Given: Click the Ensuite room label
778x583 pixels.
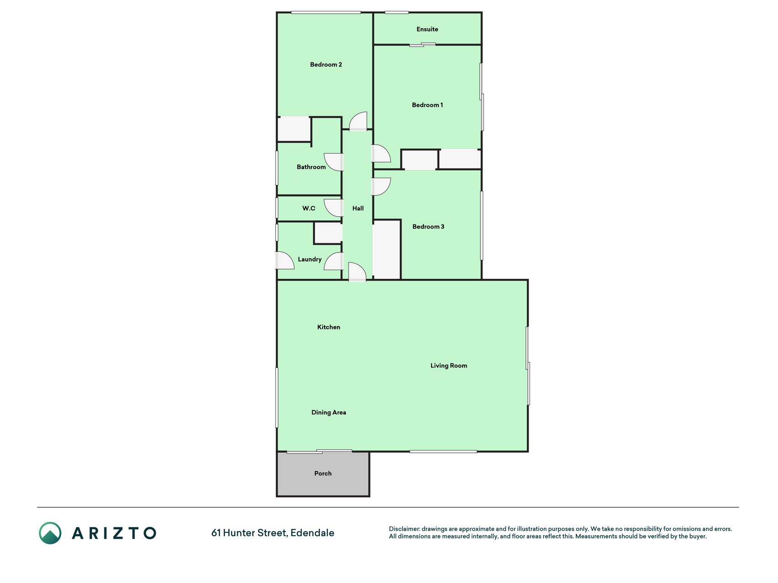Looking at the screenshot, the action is pyautogui.click(x=427, y=29).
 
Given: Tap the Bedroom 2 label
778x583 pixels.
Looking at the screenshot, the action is pyautogui.click(x=326, y=65).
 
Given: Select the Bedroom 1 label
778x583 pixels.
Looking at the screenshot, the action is pyautogui.click(x=428, y=105).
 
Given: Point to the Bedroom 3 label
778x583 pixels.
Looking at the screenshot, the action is pyautogui.click(x=428, y=226).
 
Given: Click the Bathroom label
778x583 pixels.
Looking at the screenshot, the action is pyautogui.click(x=311, y=167).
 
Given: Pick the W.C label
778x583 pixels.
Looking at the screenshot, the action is pyautogui.click(x=309, y=208).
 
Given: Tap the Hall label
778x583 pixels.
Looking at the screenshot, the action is pyautogui.click(x=358, y=208).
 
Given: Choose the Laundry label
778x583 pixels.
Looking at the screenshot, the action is pyautogui.click(x=309, y=260).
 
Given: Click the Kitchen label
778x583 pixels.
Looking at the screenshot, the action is pyautogui.click(x=329, y=327).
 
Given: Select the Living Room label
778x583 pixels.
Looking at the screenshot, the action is pyautogui.click(x=449, y=366).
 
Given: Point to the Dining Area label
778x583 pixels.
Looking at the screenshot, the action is pyautogui.click(x=329, y=413).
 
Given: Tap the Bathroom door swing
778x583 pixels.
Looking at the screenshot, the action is pyautogui.click(x=333, y=162).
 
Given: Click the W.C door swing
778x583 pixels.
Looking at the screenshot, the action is pyautogui.click(x=333, y=208).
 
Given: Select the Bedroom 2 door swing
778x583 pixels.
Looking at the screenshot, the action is pyautogui.click(x=358, y=122).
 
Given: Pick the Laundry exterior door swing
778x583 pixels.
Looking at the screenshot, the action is pyautogui.click(x=285, y=261).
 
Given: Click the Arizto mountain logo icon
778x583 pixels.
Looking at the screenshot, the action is pyautogui.click(x=50, y=533).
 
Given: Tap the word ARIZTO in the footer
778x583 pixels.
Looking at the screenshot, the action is pyautogui.click(x=114, y=533).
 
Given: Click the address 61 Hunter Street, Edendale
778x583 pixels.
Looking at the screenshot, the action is pyautogui.click(x=273, y=533).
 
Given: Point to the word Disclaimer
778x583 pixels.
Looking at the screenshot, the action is pyautogui.click(x=404, y=529).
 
